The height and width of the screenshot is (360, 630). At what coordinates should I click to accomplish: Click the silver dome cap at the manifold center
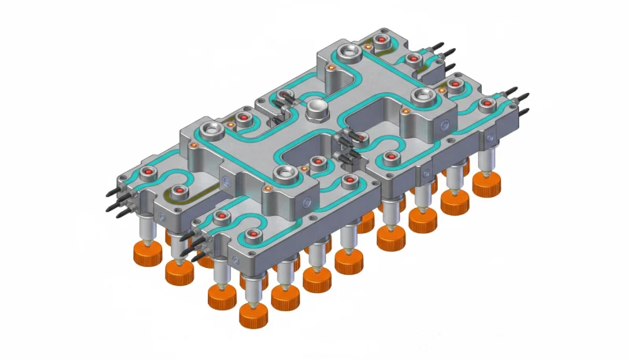[317, 109]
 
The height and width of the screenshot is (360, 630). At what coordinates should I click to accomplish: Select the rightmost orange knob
[487, 184]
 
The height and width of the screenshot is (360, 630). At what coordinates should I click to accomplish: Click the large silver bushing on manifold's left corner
[212, 128]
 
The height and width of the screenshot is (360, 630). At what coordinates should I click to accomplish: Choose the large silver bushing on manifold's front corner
[284, 173]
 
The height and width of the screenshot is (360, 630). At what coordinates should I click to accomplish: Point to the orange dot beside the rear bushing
[331, 69]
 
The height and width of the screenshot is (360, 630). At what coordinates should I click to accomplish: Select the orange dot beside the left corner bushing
[229, 124]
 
